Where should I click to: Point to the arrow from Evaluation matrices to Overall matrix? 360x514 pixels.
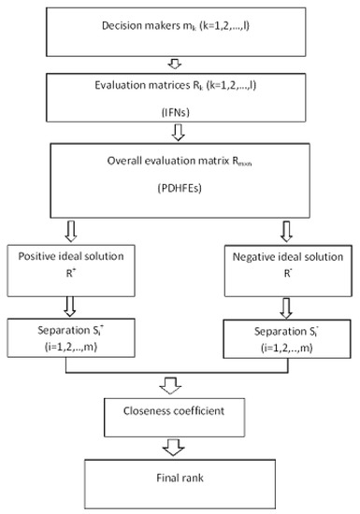click(174, 130)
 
